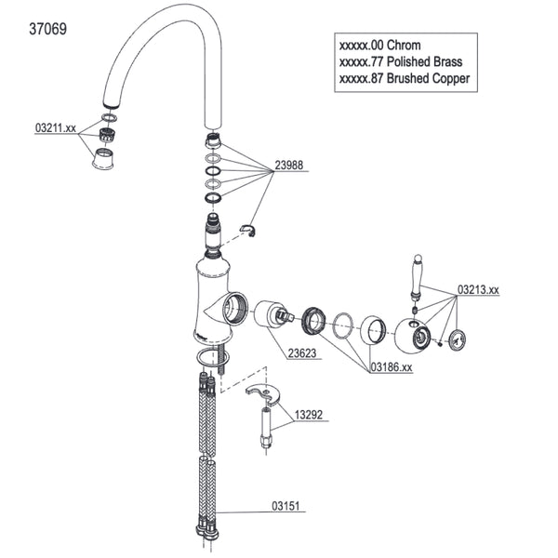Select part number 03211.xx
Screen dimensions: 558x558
56,127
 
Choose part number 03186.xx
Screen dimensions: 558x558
392,367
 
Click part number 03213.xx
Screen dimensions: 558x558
478,290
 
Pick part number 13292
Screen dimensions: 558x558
311,416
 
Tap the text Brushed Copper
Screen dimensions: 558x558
428,79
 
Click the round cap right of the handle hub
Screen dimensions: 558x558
456,340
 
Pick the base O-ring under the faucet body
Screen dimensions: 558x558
211,359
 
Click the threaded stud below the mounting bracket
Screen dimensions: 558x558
267,429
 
